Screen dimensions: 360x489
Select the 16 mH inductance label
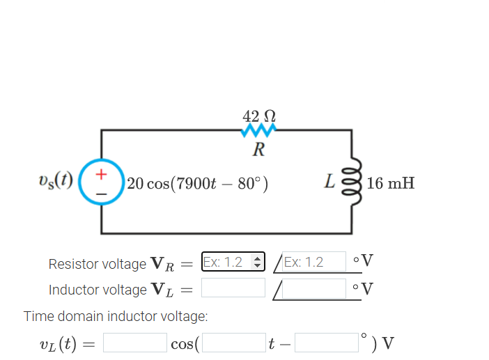point(391,184)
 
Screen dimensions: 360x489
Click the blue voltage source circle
point(102,182)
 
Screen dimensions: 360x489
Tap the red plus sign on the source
point(102,171)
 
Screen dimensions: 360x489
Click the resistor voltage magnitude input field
point(226,263)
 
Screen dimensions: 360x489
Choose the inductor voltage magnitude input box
point(233,288)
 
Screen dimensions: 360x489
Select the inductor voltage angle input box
point(313,288)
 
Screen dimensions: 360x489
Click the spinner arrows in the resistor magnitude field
point(258,263)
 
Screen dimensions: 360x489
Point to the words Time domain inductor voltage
point(116,317)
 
